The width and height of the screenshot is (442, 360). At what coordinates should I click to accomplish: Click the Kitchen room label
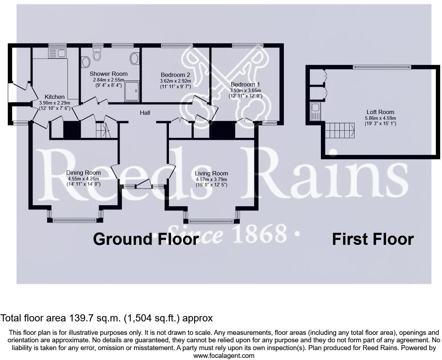55,97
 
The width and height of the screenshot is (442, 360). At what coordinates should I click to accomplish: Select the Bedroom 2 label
175,75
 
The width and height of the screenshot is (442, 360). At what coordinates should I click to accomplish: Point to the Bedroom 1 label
245,84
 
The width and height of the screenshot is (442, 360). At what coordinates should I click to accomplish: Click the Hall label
145,113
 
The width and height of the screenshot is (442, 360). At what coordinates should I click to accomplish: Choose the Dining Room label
83,173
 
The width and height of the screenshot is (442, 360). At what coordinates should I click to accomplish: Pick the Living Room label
211,173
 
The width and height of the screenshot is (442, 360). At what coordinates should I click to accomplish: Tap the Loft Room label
380,112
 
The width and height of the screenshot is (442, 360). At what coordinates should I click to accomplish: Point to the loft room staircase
340,130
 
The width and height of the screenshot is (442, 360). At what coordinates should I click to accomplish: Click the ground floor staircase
102,131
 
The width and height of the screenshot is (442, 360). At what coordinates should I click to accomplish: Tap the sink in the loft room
315,111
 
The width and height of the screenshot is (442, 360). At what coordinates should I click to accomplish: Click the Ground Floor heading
146,239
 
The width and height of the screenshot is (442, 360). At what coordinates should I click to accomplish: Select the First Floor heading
373,239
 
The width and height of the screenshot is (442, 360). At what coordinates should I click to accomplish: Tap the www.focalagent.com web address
224,355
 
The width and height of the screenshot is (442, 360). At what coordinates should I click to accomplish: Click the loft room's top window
382,67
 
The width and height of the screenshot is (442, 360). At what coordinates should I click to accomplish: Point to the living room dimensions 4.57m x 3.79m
211,179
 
